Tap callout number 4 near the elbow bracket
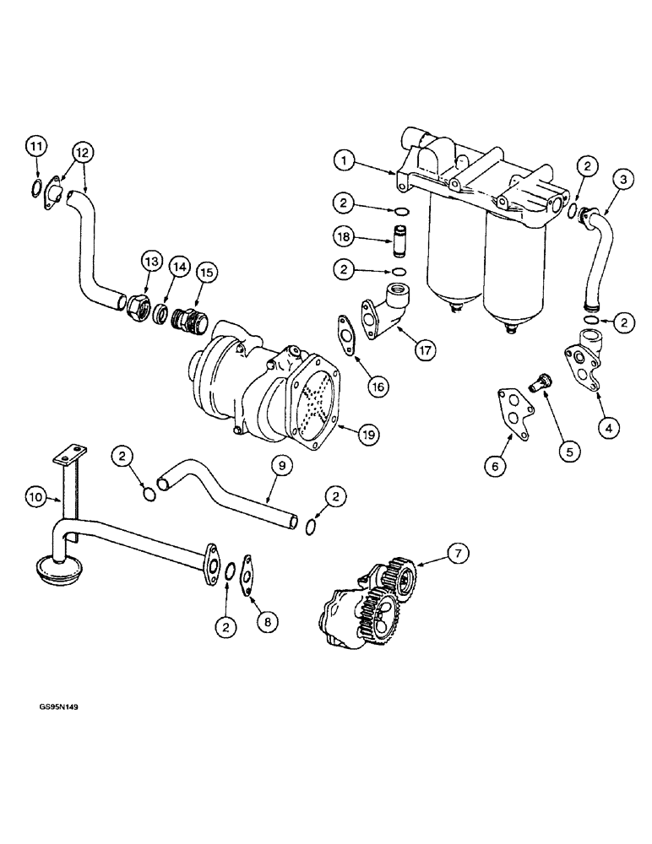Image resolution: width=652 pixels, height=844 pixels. click(x=607, y=428)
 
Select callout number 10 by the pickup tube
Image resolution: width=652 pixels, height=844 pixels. click(x=34, y=499)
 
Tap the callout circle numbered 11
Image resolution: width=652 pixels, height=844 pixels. click(x=35, y=147)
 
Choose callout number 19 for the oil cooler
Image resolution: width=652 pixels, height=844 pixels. click(x=367, y=435)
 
